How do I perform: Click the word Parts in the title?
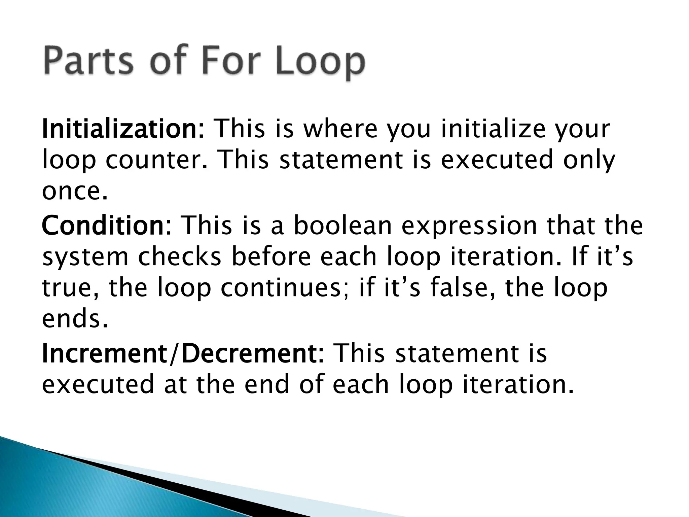tap(88, 62)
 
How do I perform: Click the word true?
tap(70, 288)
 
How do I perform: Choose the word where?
tap(340, 129)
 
